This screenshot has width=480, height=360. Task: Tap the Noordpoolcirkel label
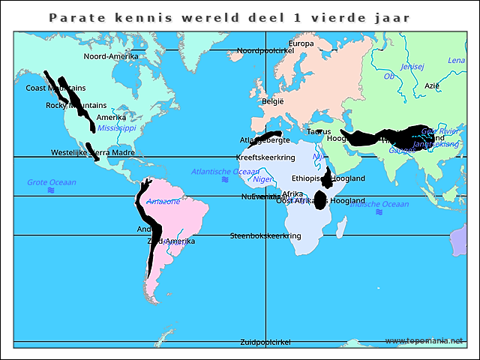pyautogui.click(x=265, y=50)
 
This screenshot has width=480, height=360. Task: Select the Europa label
pyautogui.click(x=301, y=43)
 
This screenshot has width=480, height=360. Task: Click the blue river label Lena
pyautogui.click(x=456, y=60)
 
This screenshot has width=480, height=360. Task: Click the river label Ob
pyautogui.click(x=388, y=76)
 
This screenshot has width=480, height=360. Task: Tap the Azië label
pyautogui.click(x=432, y=85)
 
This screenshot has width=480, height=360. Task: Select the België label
pyautogui.click(x=273, y=101)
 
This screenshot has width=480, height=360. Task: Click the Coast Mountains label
pyautogui.click(x=56, y=88)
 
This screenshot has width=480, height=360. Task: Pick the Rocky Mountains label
pyautogui.click(x=76, y=106)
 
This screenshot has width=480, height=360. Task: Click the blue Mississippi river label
pyautogui.click(x=117, y=128)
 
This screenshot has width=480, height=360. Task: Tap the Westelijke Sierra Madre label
pyautogui.click(x=93, y=152)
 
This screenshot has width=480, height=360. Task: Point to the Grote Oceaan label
pyautogui.click(x=52, y=182)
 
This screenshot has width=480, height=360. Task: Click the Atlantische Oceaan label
pyautogui.click(x=225, y=172)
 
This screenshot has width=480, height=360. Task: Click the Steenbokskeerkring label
pyautogui.click(x=265, y=235)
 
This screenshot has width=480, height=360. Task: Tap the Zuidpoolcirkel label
pyautogui.click(x=265, y=342)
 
